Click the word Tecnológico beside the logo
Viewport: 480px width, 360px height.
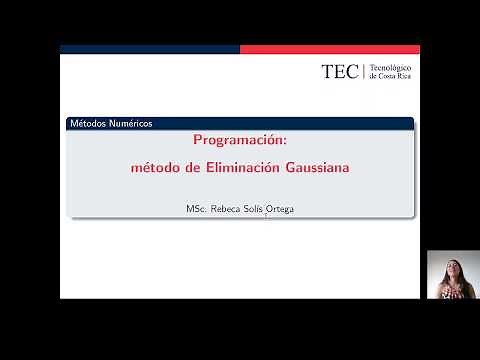[391, 67]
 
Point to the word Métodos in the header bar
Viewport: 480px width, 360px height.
[85, 124]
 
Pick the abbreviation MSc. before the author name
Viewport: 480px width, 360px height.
[196, 209]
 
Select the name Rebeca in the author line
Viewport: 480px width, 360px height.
[229, 209]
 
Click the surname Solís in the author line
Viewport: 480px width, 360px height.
[259, 209]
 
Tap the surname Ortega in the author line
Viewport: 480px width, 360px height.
[284, 209]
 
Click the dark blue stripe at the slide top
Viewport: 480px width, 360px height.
[150, 48]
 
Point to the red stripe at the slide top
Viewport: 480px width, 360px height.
[330, 48]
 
